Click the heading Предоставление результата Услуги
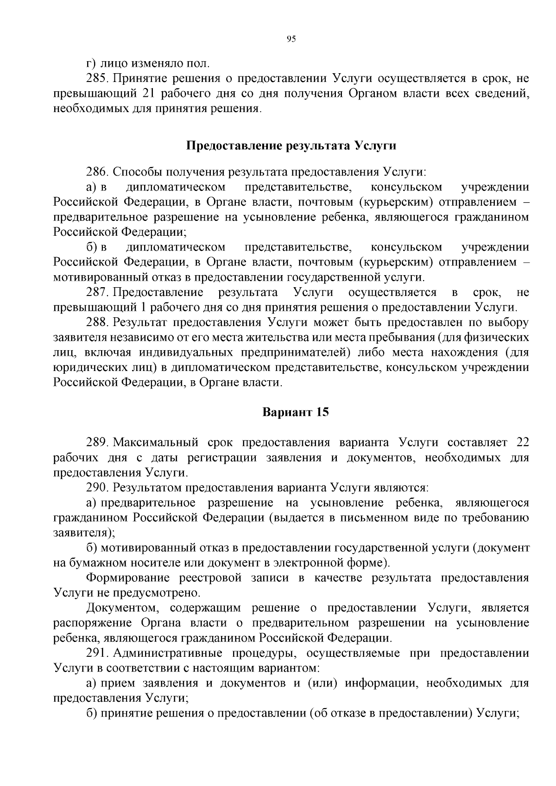[x=291, y=145]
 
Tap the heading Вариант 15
[x=296, y=412]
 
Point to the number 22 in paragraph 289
[x=522, y=442]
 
